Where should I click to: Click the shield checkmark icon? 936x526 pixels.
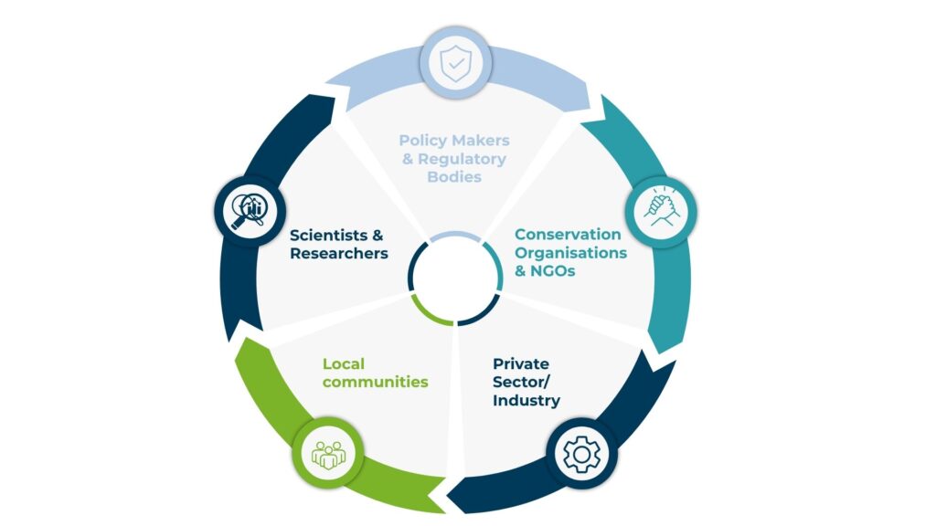click(x=455, y=64)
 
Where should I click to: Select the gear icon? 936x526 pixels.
click(x=581, y=454)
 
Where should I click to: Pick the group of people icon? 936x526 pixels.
click(x=327, y=453)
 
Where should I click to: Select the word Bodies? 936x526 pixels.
click(x=454, y=176)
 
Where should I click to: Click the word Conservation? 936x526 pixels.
click(x=568, y=235)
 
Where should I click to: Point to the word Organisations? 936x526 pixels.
click(x=570, y=252)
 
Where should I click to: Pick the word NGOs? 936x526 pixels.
click(x=555, y=270)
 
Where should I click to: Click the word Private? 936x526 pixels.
click(x=523, y=364)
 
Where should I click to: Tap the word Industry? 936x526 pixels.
click(x=526, y=400)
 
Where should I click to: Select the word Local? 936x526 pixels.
click(x=343, y=364)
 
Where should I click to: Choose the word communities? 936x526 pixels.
click(x=375, y=382)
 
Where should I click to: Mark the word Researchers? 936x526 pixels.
click(x=339, y=253)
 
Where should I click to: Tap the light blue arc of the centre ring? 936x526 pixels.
click(x=455, y=236)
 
